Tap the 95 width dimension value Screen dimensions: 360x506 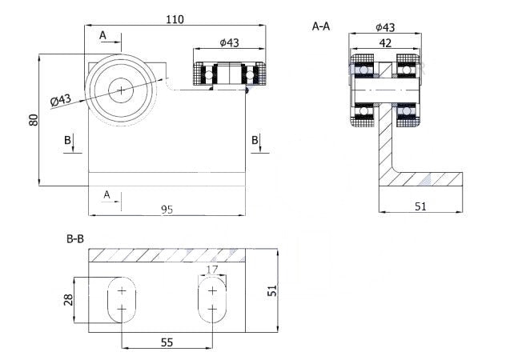167,210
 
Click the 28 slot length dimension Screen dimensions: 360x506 69,299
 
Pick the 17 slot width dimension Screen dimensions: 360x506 211,270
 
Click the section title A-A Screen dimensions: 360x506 320,26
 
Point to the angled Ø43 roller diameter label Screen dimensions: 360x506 60,100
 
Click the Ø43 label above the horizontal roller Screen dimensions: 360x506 231,43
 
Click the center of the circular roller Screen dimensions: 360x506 121,90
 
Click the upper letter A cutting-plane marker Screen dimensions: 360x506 102,35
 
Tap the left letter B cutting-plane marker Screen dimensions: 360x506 69,141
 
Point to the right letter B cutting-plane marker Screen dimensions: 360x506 255,141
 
